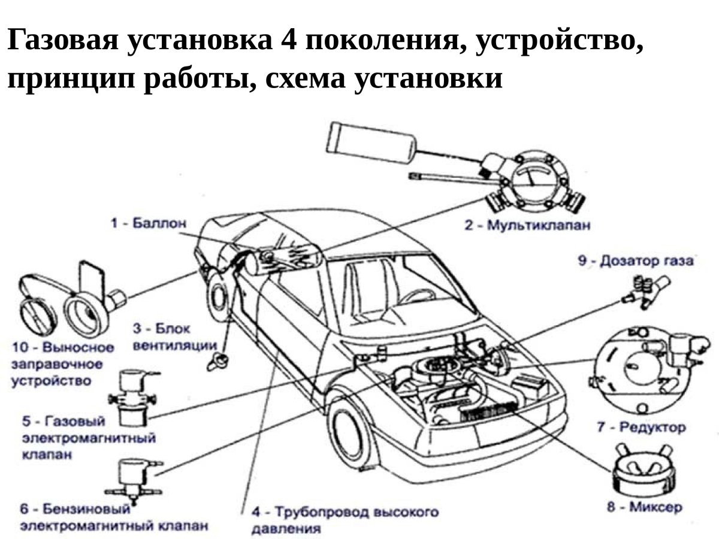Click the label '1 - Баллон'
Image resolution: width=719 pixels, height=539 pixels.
click(x=148, y=223)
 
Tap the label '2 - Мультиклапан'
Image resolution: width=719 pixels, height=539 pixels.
click(x=527, y=226)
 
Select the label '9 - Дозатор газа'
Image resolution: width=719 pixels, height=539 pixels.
click(x=635, y=261)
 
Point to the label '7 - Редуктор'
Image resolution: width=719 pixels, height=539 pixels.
click(x=641, y=428)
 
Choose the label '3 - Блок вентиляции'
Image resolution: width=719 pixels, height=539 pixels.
click(x=174, y=337)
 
